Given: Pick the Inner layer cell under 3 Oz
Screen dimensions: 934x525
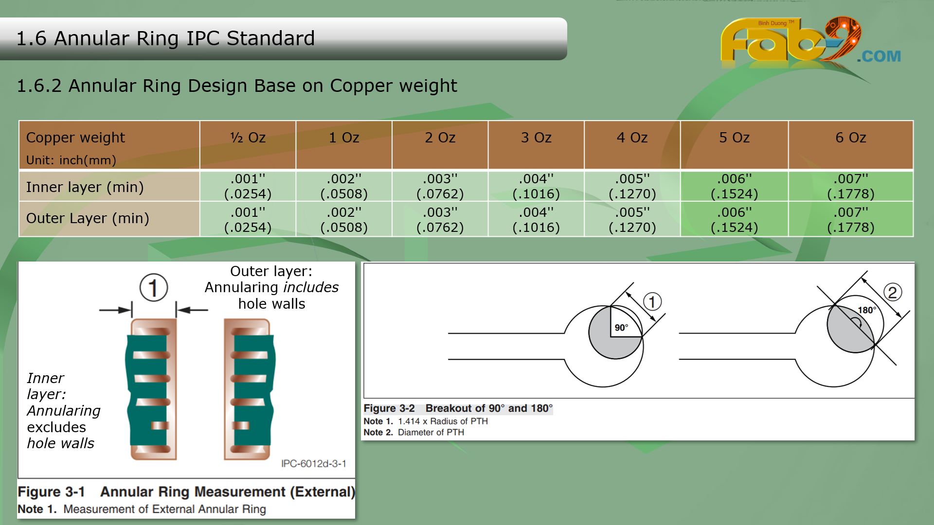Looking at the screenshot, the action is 536,186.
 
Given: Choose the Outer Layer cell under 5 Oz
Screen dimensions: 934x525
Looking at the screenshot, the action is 734,220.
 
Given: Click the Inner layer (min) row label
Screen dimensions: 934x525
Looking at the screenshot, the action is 85,187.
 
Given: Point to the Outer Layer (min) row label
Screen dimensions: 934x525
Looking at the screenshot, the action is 88,218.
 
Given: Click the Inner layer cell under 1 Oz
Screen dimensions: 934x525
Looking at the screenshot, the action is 344,186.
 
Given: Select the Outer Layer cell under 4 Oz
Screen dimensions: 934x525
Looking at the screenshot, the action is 632,220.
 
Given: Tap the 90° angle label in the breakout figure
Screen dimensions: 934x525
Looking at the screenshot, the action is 621,328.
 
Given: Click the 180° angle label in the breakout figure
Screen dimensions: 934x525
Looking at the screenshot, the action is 867,310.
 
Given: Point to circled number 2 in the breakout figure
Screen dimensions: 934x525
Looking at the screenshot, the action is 893,292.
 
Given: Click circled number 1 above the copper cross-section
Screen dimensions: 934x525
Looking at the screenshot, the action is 154,287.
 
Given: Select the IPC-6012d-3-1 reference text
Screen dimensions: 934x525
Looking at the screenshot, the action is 314,464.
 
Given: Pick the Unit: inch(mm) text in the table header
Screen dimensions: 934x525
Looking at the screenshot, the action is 71,160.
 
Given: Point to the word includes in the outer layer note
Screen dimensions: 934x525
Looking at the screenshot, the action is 311,287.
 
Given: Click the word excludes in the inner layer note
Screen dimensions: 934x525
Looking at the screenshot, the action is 56,427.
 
